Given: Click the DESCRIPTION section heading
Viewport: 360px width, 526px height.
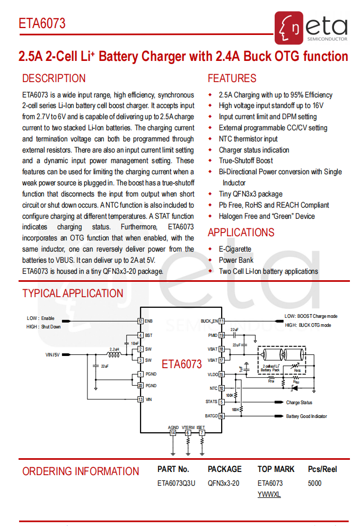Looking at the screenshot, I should click(x=54, y=79).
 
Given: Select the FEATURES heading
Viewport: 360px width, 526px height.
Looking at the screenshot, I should click(x=232, y=79).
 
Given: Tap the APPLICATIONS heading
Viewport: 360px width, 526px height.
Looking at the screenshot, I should click(x=241, y=233).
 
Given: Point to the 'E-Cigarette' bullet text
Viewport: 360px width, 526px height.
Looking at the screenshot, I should click(x=235, y=249).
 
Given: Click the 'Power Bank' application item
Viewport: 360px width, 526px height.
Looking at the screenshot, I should click(x=236, y=260).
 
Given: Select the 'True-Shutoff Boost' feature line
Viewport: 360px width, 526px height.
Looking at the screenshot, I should click(x=245, y=161).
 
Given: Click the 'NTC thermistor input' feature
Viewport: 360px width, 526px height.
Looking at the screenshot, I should click(x=248, y=139).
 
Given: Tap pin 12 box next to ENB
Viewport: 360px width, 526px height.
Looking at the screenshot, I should click(x=141, y=321).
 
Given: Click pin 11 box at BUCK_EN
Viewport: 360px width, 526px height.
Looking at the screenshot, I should click(x=222, y=321).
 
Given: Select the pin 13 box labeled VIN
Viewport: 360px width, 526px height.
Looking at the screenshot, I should click(x=141, y=399).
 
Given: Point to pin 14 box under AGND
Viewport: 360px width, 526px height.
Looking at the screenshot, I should click(x=173, y=433).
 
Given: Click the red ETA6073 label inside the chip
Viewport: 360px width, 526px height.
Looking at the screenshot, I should click(x=182, y=364).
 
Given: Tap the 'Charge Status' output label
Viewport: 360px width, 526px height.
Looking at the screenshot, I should click(x=299, y=403).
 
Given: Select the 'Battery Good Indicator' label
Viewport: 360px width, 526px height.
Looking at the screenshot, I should click(x=306, y=416).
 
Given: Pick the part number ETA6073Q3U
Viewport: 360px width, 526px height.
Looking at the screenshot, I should click(x=176, y=483).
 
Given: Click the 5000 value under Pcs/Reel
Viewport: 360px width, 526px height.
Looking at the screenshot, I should click(x=314, y=483).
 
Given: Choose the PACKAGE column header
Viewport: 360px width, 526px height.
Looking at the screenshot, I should click(x=224, y=469).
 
